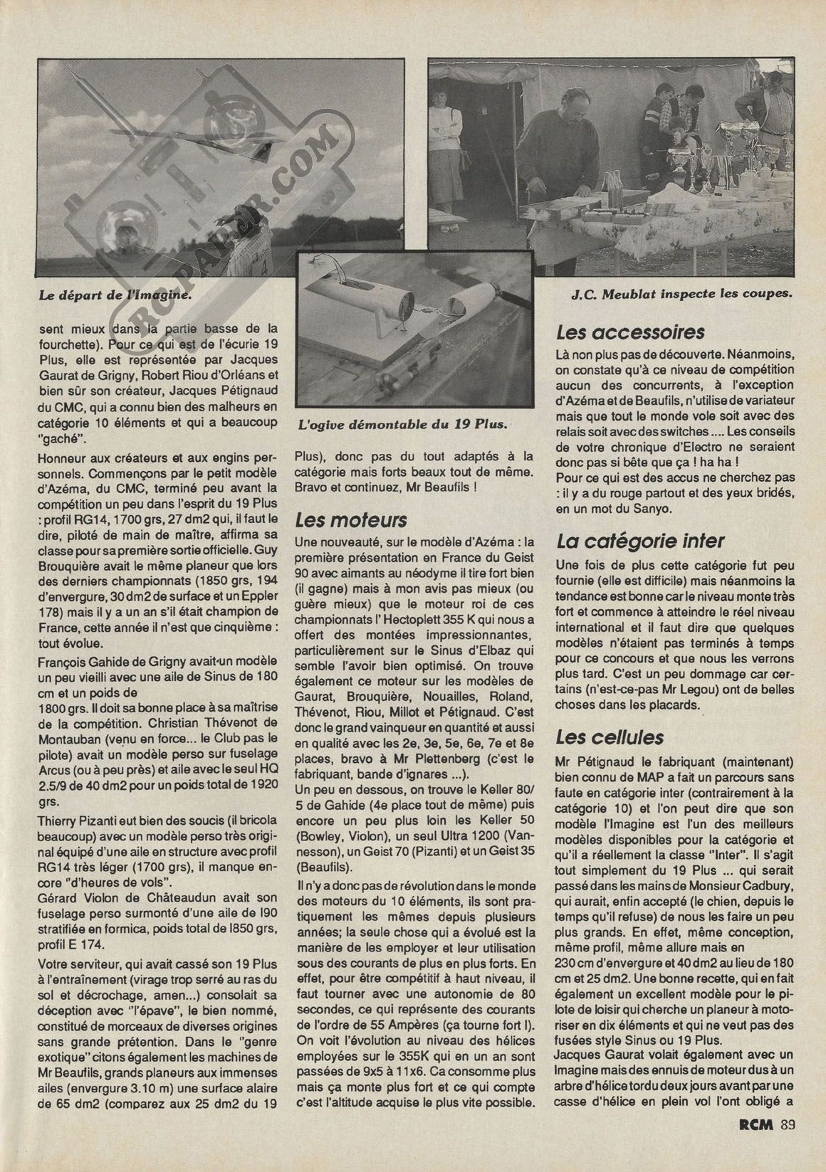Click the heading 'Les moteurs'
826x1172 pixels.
coord(341,519)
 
